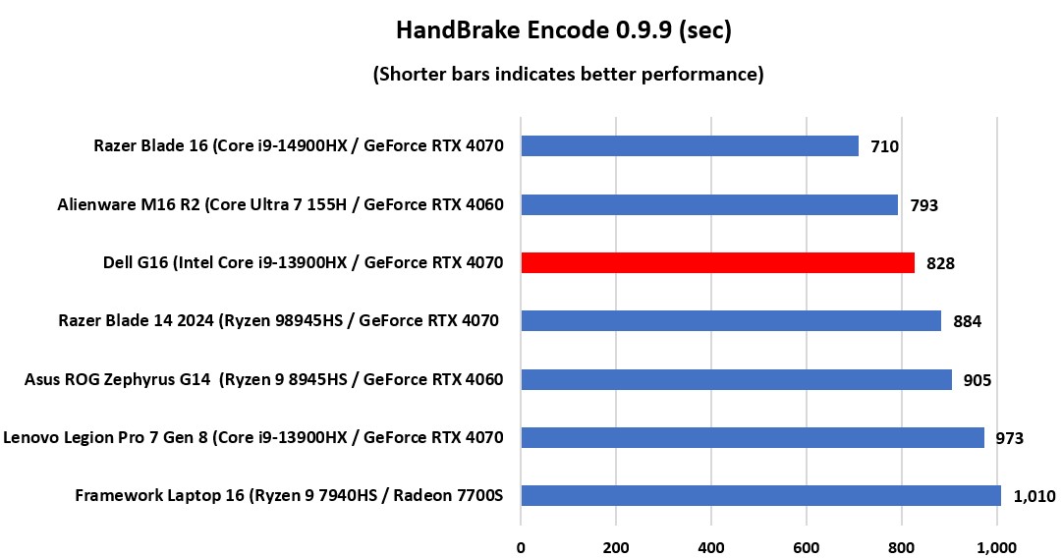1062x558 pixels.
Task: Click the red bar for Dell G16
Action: [717, 262]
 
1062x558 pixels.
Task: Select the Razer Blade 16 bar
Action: [689, 146]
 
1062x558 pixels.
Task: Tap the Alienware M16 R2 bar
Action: [708, 204]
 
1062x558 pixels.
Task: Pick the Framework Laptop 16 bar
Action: [760, 495]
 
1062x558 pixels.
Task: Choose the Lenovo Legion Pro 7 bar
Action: [752, 437]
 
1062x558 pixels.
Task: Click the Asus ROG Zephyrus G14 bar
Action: [736, 379]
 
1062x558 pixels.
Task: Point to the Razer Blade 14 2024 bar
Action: [730, 321]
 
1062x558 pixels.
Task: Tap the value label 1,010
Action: [1034, 496]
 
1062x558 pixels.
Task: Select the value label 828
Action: [940, 263]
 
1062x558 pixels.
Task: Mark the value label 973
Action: [1009, 438]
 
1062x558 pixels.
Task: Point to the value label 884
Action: [967, 321]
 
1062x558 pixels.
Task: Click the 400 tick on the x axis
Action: [711, 544]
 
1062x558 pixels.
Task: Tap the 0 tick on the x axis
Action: [521, 544]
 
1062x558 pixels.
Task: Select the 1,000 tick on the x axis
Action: [997, 544]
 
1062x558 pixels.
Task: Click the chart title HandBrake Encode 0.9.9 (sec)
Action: [564, 30]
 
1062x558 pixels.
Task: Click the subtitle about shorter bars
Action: [568, 74]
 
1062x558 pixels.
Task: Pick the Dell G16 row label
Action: [303, 262]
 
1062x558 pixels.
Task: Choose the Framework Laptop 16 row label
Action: [289, 495]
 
